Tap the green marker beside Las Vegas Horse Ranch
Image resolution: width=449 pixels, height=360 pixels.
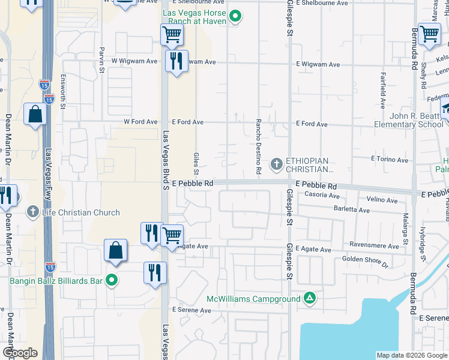pos(236,17)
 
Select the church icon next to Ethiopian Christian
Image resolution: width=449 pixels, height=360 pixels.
pos(277,163)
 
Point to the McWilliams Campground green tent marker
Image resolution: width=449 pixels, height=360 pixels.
pos(310,298)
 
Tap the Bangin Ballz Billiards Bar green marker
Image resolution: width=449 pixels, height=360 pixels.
pos(110,280)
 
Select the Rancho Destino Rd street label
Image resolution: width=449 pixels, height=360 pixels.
pos(259,146)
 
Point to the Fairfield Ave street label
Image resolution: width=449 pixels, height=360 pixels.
pos(383,90)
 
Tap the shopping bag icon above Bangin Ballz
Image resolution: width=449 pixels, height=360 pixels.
pos(115,251)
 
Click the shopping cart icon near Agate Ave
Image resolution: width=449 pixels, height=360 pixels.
pos(172,234)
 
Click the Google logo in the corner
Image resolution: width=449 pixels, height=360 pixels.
pos(20,353)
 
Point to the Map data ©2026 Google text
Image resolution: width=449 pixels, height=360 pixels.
pos(411,355)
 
